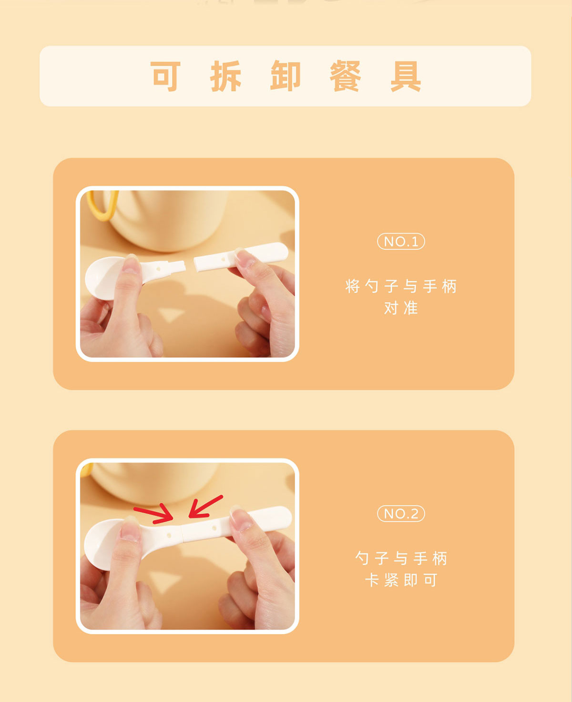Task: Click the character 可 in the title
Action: [x=165, y=76]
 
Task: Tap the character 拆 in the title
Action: [x=225, y=76]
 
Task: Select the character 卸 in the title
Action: [x=286, y=76]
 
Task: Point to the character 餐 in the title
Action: [x=345, y=76]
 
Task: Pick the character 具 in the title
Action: [x=406, y=76]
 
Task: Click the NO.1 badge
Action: [x=401, y=242]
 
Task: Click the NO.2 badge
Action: [x=401, y=513]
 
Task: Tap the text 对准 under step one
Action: [x=401, y=308]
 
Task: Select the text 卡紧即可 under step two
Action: [x=401, y=580]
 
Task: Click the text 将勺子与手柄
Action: [x=401, y=286]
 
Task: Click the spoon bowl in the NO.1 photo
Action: [x=102, y=278]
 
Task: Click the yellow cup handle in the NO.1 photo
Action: [x=102, y=205]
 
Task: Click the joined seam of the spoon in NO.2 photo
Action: [x=182, y=532]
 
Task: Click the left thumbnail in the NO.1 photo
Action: [x=131, y=265]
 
